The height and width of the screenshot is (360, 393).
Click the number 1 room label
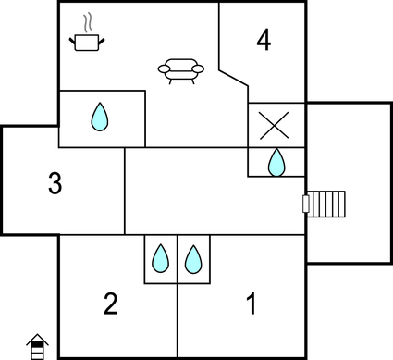coord(250,303)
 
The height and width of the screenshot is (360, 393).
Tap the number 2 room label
coord(111,304)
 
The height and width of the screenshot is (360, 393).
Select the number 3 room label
coord(55,184)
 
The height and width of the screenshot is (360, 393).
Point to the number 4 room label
coord(264,41)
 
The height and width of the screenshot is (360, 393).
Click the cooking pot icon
coord(87,42)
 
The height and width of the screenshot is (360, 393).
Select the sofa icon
coord(181,70)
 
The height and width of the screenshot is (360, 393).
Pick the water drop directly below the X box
coord(276,163)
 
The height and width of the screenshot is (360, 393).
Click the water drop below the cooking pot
coord(100,118)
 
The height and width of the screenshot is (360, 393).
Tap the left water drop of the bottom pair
coord(161,258)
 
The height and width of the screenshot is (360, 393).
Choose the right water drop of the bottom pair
coord(192,258)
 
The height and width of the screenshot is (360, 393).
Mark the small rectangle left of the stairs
coord(306,203)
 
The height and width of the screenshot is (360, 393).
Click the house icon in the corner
coord(37,347)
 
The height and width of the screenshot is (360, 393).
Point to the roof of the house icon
coord(37,339)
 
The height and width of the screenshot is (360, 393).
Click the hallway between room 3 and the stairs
coord(213,194)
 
